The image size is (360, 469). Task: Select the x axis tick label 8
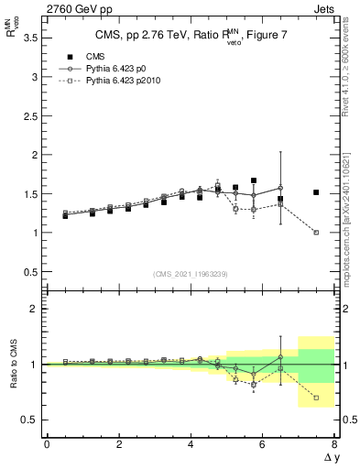tap(334, 444)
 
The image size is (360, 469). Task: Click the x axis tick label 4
tap(191, 444)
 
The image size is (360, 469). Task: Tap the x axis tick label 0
tap(47, 444)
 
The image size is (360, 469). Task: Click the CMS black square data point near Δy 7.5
tap(316, 192)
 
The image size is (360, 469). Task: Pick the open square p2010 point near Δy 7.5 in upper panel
tap(316, 233)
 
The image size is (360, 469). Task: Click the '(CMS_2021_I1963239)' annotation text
tap(191, 273)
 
